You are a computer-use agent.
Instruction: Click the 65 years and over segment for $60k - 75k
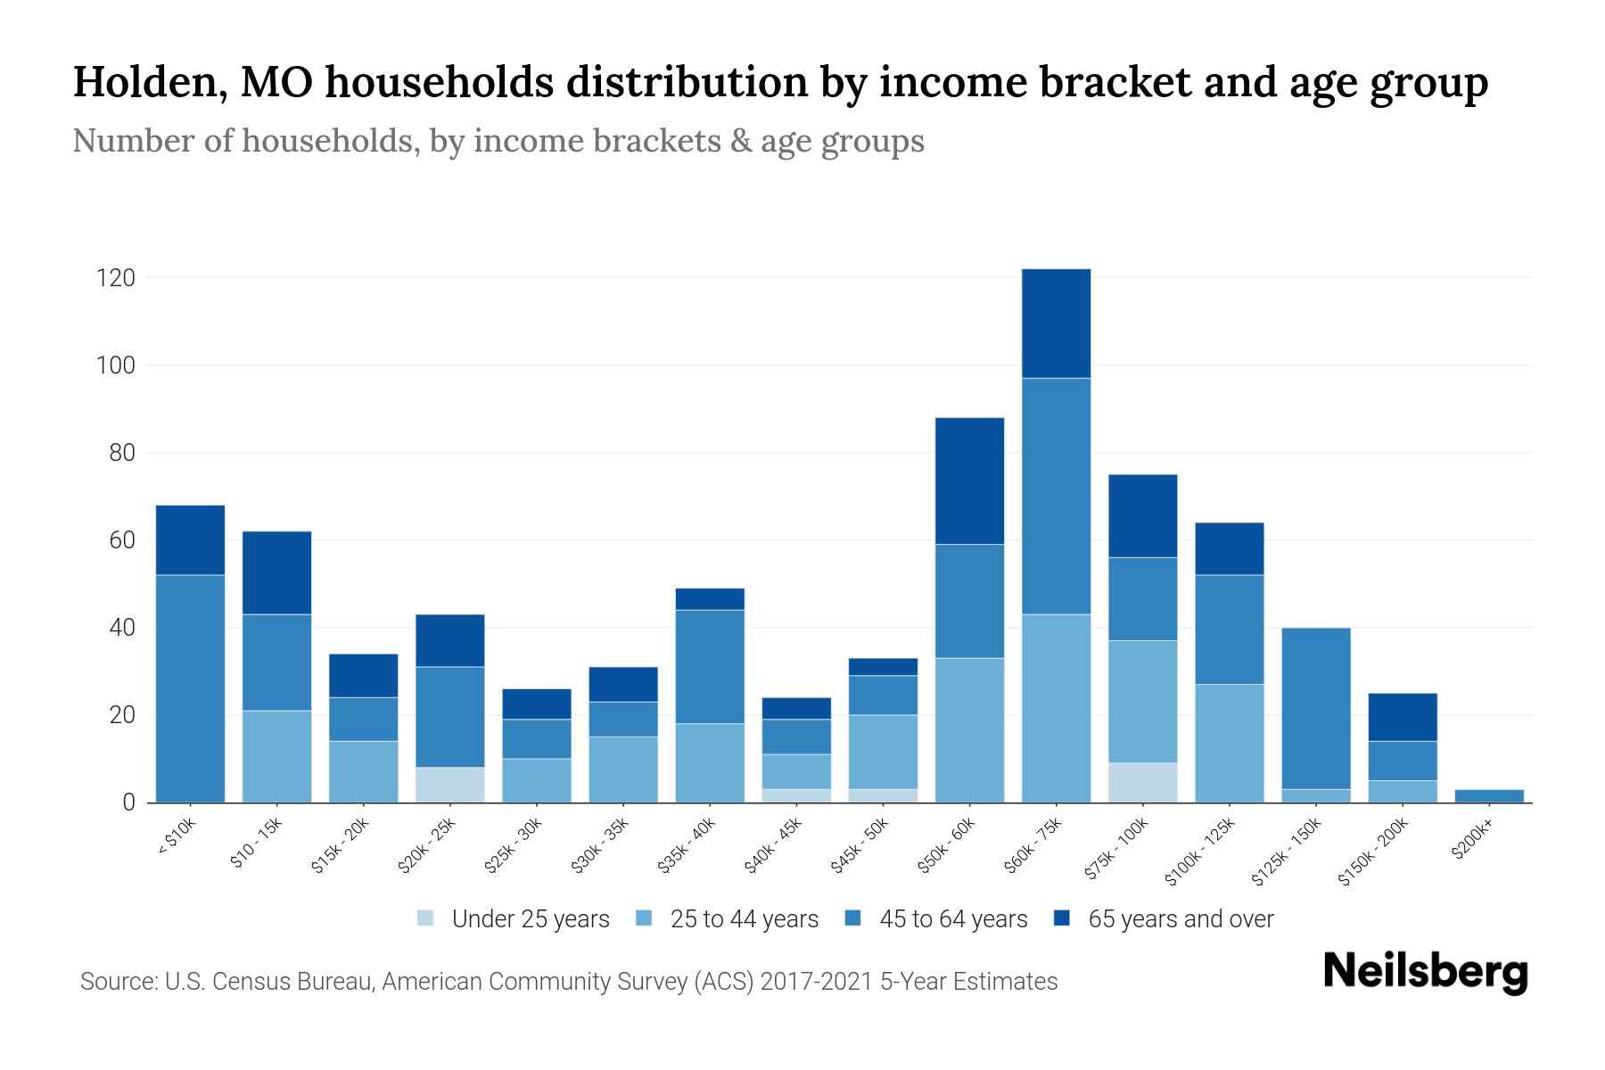(x=1056, y=324)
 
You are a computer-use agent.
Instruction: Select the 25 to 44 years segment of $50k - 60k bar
(x=969, y=730)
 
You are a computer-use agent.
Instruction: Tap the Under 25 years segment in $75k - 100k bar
(x=1142, y=782)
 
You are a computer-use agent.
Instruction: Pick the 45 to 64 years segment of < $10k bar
(x=190, y=688)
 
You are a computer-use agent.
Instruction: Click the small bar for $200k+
(x=1489, y=795)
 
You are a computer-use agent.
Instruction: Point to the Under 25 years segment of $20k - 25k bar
(x=450, y=785)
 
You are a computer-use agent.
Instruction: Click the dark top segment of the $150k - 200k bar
(x=1403, y=717)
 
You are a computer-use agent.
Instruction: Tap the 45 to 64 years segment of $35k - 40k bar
(x=710, y=666)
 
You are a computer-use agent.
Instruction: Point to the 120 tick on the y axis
(x=116, y=278)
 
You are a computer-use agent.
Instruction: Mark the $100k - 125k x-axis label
(x=1200, y=852)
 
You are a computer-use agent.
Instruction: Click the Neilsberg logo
(x=1425, y=972)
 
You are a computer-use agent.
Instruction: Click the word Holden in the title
(x=143, y=82)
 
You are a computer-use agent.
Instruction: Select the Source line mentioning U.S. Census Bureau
(x=569, y=982)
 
